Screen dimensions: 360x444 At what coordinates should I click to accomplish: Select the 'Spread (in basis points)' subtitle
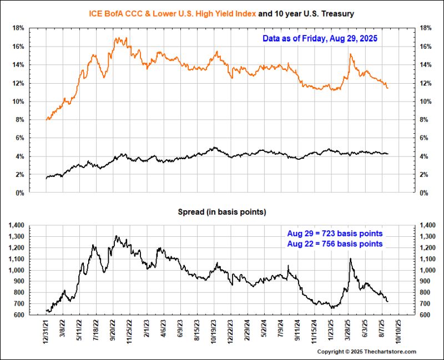pyautogui.click(x=221, y=212)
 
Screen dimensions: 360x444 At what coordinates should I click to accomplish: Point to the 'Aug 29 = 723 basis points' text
pyautogui.click(x=335, y=234)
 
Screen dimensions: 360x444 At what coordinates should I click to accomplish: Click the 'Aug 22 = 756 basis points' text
pyautogui.click(x=335, y=244)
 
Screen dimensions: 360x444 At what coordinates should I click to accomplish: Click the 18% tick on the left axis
pyautogui.click(x=17, y=28)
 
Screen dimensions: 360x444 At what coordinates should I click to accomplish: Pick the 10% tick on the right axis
pyautogui.click(x=428, y=102)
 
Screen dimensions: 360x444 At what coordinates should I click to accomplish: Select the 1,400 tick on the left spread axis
pyautogui.click(x=15, y=225)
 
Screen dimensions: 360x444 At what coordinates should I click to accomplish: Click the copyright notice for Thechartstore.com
pyautogui.click(x=366, y=352)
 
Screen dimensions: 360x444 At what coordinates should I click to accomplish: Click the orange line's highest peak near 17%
pyautogui.click(x=117, y=38)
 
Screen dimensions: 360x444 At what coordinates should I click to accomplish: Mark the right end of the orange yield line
pyautogui.click(x=387, y=88)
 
